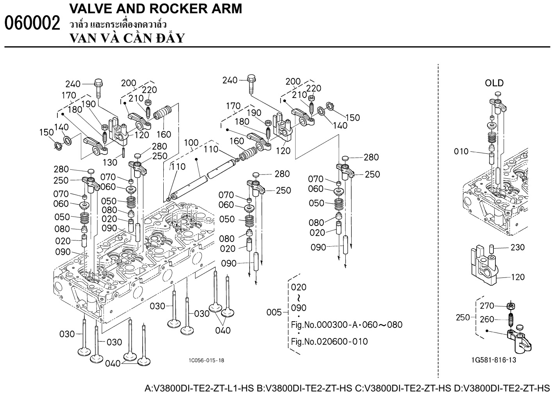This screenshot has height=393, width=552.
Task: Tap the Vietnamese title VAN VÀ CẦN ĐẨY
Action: tap(127, 38)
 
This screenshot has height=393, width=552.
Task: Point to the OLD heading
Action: tap(494, 83)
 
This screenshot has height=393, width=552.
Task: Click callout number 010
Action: tap(461, 151)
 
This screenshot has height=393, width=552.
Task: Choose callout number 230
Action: tap(518, 247)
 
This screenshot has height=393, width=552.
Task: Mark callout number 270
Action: tap(487, 306)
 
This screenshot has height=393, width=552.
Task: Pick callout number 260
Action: tap(487, 320)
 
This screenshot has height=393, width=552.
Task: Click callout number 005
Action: tap(274, 312)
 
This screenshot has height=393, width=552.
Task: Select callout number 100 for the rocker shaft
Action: tap(191, 142)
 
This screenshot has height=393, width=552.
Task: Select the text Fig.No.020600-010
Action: tap(329, 341)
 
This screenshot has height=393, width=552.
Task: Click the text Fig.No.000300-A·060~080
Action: tap(347, 325)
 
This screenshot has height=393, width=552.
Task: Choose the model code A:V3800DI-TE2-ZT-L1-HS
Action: tap(200, 388)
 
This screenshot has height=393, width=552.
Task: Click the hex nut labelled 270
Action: tap(510, 305)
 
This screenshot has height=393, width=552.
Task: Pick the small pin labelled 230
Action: tap(492, 247)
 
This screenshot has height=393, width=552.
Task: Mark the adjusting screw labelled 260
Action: tap(510, 317)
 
